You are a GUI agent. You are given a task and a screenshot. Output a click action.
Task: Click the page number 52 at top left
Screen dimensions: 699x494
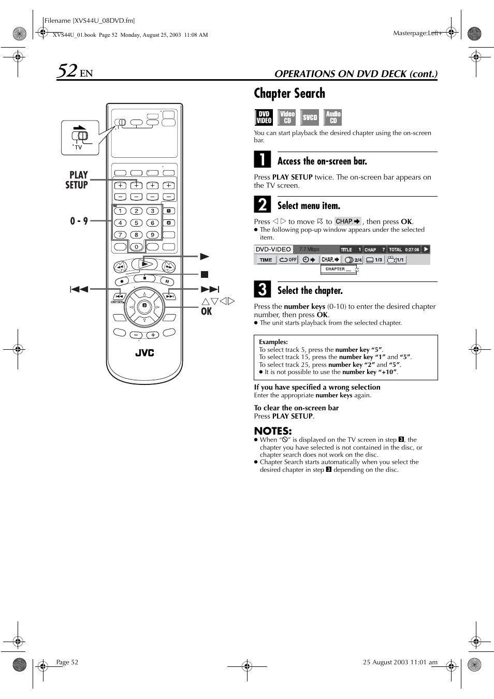point(67,70)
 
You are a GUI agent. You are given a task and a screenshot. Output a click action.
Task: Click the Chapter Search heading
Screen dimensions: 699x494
point(289,93)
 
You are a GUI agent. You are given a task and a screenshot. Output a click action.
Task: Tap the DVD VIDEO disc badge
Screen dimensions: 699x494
point(264,117)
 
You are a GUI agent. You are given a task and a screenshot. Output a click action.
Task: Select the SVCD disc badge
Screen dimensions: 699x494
point(310,117)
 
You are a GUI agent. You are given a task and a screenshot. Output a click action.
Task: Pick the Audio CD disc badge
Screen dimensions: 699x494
point(333,117)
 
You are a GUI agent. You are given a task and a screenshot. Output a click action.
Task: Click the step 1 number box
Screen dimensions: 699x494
point(262,159)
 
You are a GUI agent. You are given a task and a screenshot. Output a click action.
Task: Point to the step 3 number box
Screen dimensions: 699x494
point(262,289)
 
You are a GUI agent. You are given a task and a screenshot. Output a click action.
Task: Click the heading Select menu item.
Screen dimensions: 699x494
point(309,205)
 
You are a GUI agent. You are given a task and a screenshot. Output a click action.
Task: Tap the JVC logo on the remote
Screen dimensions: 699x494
point(144,353)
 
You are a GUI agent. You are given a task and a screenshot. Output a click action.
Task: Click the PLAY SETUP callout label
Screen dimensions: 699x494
point(77,180)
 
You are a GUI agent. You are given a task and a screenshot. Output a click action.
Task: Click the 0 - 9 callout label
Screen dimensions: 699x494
point(79,221)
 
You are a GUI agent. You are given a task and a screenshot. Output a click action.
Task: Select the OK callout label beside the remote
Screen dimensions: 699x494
point(206,311)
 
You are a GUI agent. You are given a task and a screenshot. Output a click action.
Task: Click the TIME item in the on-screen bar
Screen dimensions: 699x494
point(266,260)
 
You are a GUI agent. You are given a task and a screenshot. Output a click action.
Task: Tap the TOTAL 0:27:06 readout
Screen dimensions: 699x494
point(404,249)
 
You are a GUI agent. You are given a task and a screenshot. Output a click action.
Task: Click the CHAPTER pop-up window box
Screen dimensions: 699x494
point(339,269)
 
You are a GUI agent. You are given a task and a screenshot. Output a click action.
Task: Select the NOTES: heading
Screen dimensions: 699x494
point(272,430)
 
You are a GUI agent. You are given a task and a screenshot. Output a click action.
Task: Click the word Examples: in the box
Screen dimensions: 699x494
point(273,342)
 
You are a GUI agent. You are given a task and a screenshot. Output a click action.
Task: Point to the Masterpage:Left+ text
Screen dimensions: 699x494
point(417,33)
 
